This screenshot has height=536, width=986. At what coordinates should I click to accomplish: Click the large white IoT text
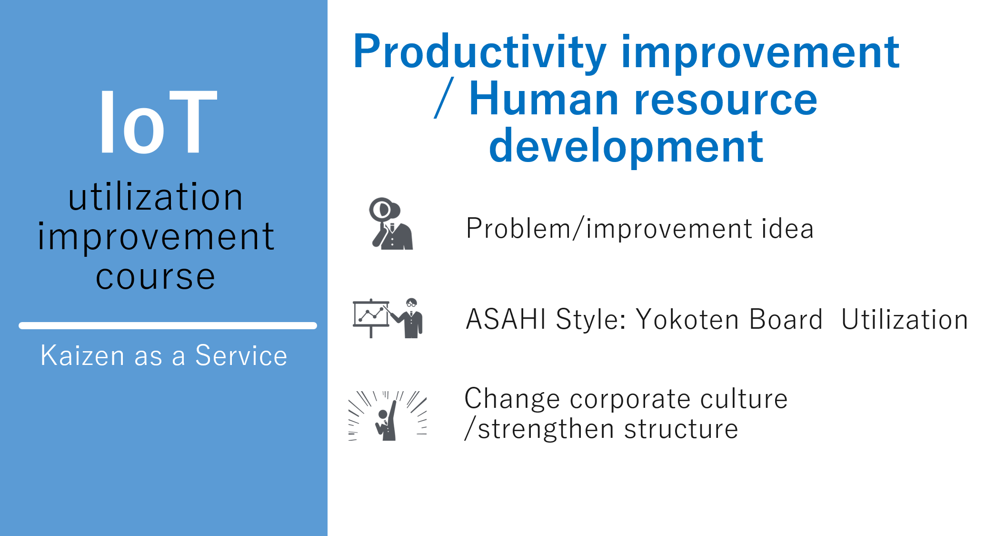(158, 122)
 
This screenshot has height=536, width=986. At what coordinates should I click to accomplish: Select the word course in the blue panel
(155, 277)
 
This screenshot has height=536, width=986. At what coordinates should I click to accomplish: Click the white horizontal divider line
(168, 326)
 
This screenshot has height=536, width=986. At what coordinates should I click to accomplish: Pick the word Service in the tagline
(241, 355)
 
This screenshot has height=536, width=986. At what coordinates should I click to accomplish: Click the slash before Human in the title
(444, 98)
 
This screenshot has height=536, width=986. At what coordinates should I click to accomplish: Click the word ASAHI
(506, 319)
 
